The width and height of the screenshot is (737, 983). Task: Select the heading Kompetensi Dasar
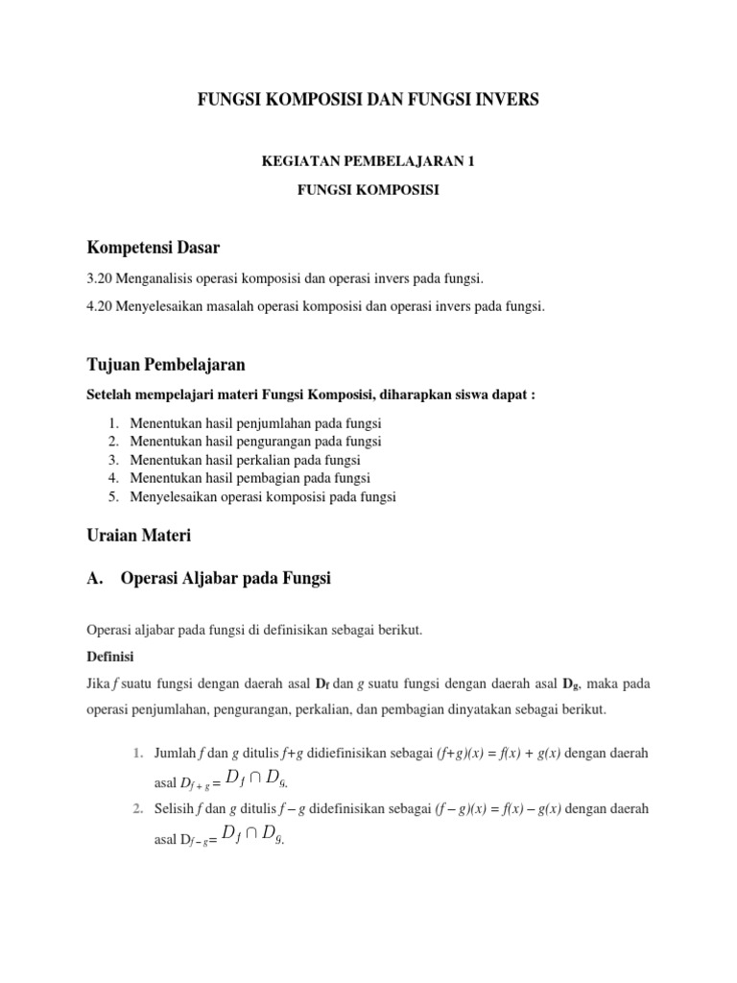154,248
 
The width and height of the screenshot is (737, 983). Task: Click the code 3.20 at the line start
100,278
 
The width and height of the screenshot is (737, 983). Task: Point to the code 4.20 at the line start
100,306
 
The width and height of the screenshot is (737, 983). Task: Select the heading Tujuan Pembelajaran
165,365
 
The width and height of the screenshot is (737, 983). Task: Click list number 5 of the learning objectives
112,496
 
